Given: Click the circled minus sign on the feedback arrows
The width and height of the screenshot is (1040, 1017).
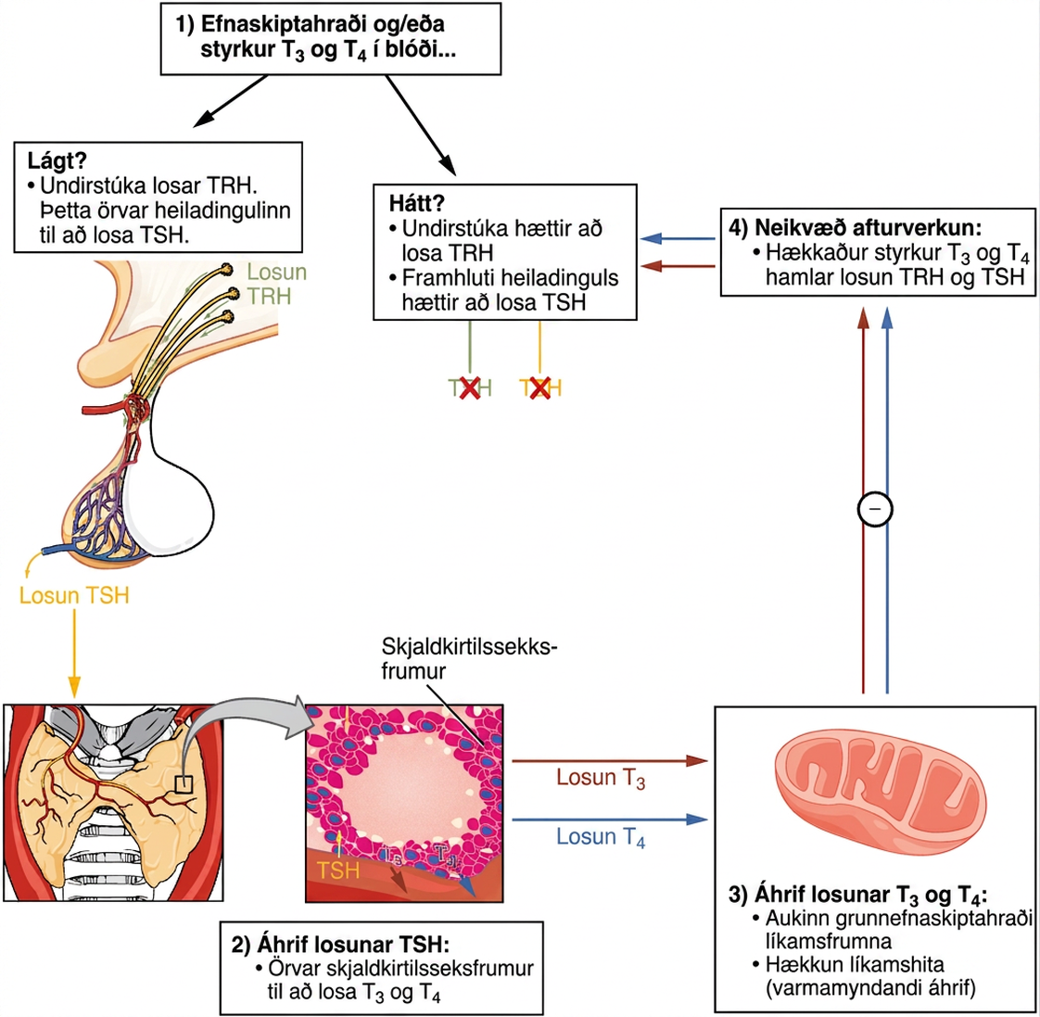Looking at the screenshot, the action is click(875, 509).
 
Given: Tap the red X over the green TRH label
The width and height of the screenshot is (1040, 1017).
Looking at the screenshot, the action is click(470, 388).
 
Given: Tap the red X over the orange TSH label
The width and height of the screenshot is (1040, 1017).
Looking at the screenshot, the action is click(539, 388).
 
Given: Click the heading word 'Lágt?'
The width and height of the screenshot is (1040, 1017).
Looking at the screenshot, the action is click(57, 160).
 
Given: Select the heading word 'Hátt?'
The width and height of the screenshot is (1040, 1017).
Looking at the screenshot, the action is click(416, 203).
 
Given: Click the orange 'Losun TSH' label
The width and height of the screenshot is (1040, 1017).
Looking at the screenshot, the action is click(74, 595).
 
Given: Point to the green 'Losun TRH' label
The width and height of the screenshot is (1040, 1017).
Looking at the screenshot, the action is click(276, 284).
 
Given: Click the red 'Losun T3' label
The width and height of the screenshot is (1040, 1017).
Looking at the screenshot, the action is click(601, 778).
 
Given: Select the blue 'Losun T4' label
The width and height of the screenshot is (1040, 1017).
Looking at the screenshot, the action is click(601, 836).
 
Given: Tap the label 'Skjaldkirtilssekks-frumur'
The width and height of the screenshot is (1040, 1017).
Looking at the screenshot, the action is click(469, 658).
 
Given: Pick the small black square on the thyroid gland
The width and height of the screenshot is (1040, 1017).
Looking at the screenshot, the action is click(184, 785).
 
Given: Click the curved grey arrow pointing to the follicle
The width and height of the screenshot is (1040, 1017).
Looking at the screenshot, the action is click(247, 723).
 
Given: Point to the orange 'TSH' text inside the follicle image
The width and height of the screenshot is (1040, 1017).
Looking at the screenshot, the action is click(338, 870).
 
